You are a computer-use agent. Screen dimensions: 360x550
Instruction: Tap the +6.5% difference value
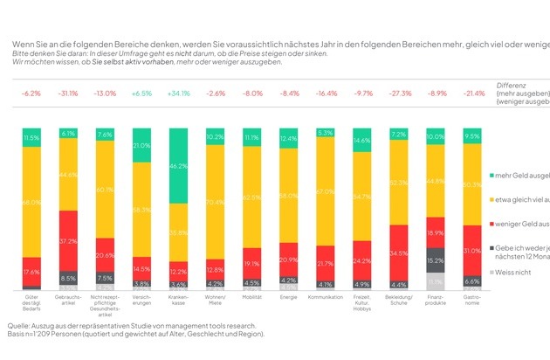(x=141, y=93)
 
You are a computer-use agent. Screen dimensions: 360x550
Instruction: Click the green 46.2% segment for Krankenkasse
(x=178, y=164)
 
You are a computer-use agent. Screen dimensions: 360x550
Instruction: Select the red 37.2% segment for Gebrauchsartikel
(x=66, y=240)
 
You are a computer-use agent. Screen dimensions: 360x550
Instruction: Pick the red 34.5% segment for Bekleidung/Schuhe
(x=399, y=252)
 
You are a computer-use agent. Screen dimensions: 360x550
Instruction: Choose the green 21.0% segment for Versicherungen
(x=141, y=145)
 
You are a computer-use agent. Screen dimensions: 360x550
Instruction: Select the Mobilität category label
(x=251, y=297)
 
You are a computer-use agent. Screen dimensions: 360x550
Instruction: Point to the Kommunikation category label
(x=326, y=297)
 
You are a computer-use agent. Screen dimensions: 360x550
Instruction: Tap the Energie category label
(x=289, y=297)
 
